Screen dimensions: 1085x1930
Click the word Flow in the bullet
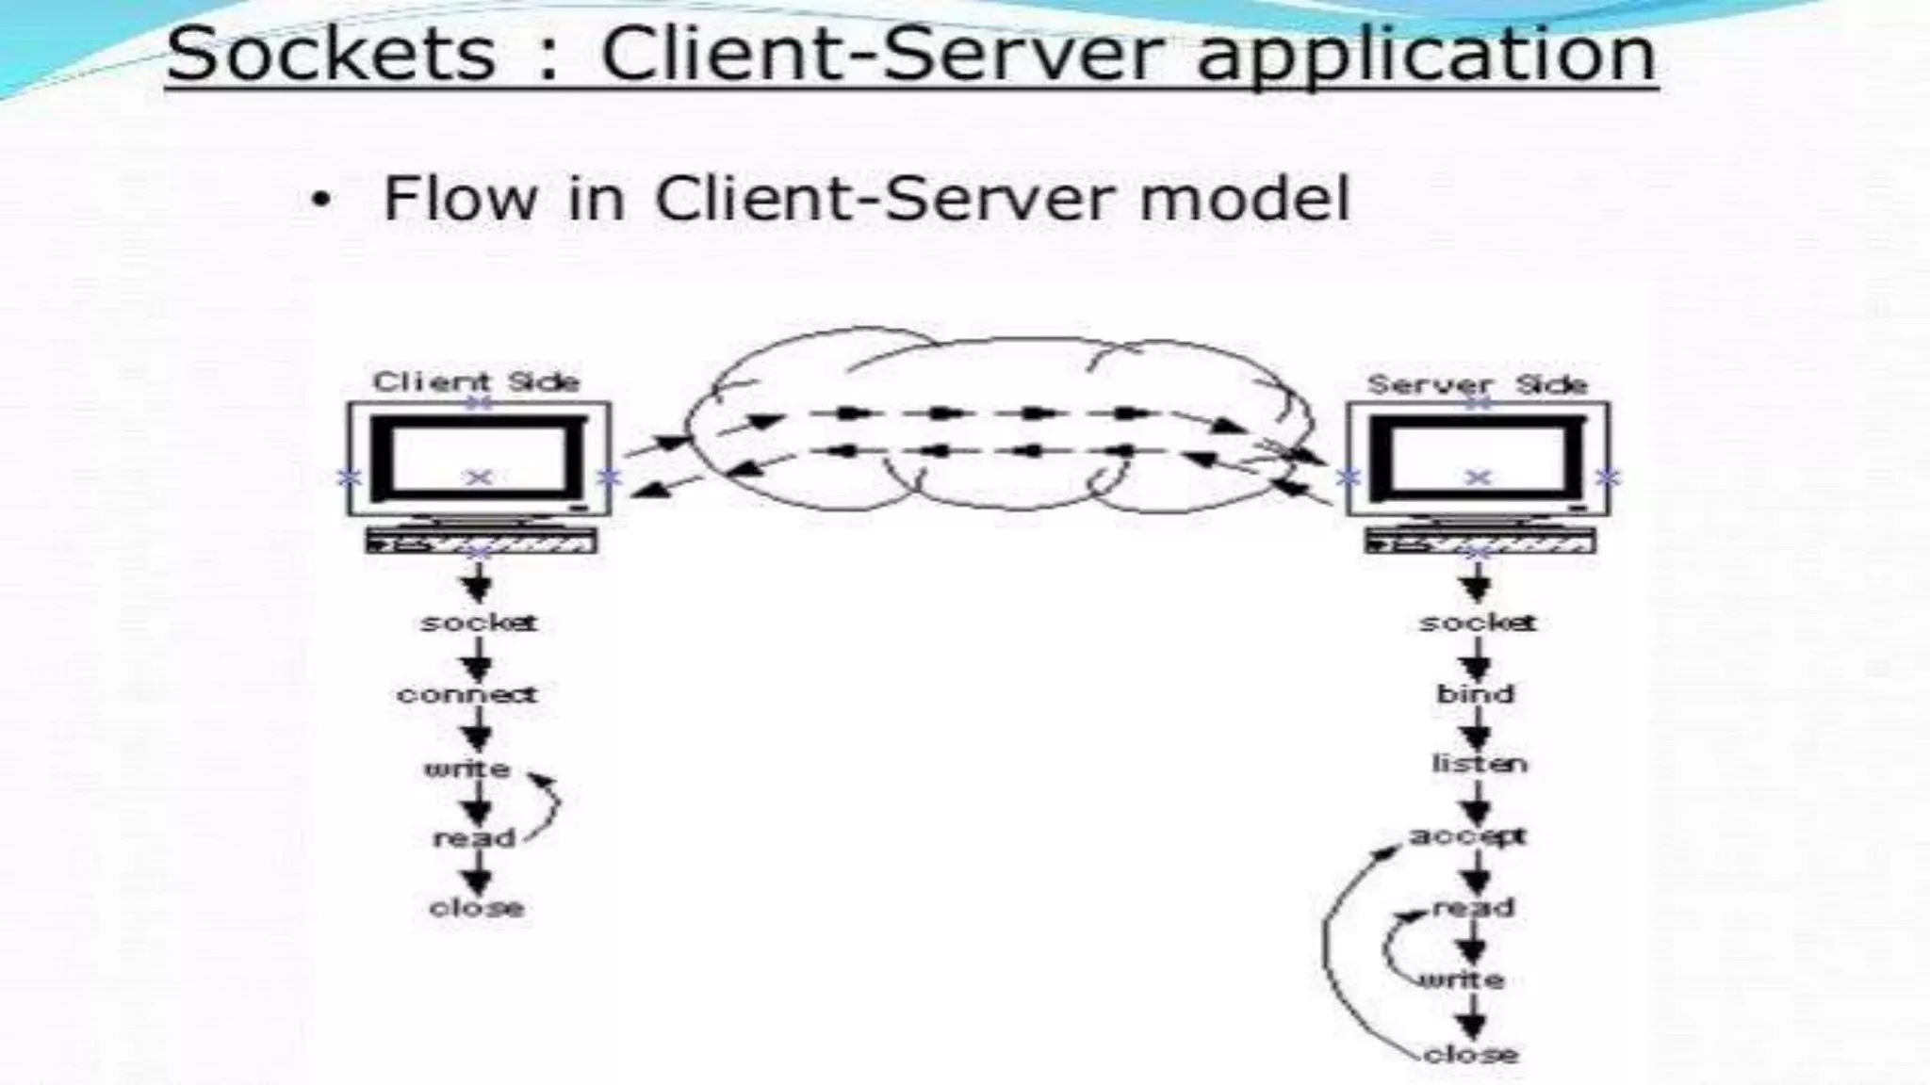(x=460, y=200)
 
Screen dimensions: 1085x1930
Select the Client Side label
(x=476, y=381)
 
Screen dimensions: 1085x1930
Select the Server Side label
(x=1477, y=384)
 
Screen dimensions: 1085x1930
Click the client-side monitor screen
(x=479, y=458)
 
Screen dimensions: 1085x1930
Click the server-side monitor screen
(x=1478, y=458)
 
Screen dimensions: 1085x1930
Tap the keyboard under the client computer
(x=481, y=541)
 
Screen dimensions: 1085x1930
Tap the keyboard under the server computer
(x=1480, y=541)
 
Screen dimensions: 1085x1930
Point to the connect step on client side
(x=466, y=695)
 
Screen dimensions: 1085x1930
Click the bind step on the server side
(x=1475, y=694)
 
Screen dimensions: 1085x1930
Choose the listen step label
(x=1479, y=764)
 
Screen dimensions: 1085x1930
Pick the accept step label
(x=1466, y=835)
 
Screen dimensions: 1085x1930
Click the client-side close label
(x=476, y=908)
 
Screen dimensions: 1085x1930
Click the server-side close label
(x=1470, y=1054)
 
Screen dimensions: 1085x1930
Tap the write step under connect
(x=466, y=769)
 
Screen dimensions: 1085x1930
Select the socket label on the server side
(x=1477, y=623)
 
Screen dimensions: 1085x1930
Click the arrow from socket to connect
(x=478, y=659)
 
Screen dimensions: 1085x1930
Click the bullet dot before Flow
(x=321, y=202)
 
